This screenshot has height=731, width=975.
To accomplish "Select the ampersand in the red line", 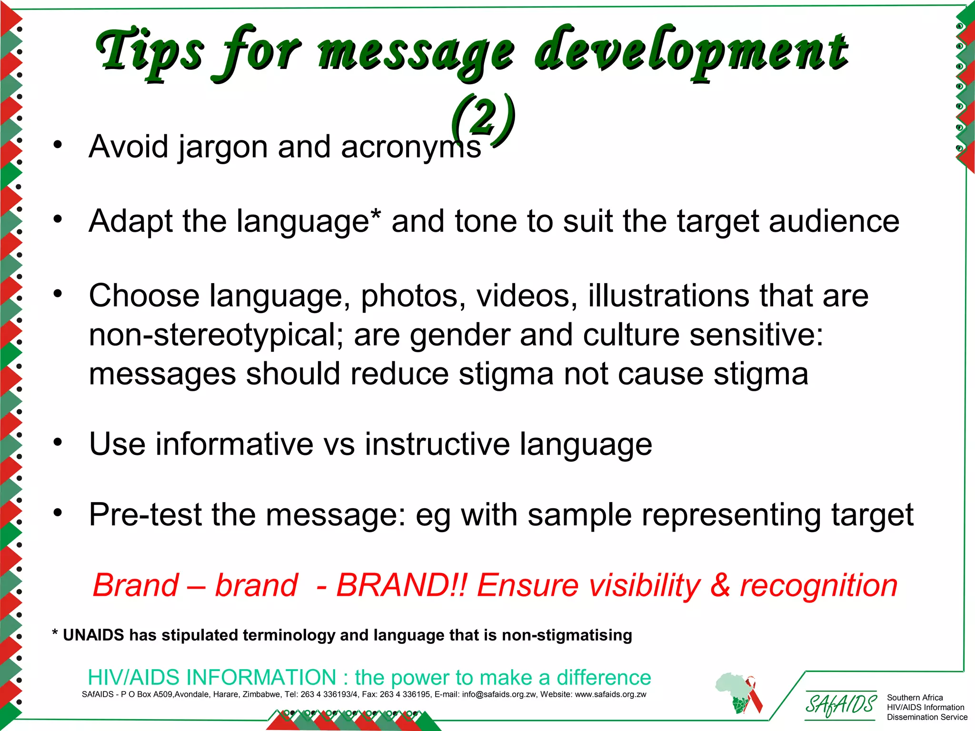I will coord(720,585).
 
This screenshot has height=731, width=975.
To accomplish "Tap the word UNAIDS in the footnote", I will coord(93,635).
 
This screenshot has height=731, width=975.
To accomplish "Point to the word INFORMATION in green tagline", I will coord(261,677).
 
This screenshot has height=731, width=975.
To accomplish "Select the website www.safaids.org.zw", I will coord(611,694).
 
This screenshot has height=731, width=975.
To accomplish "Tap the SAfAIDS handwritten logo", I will coord(840,705).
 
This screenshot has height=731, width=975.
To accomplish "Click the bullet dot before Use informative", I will coord(58,442).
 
